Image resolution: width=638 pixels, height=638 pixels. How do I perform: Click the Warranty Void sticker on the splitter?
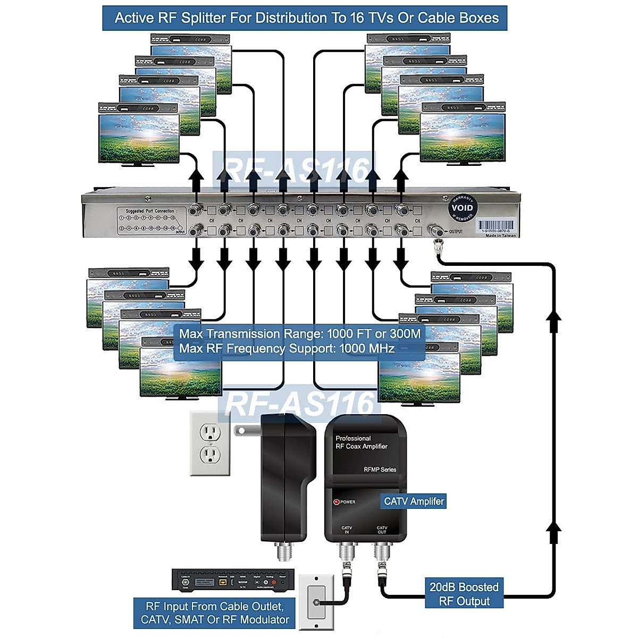[461, 208]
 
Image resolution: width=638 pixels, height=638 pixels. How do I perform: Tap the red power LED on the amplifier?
[336, 502]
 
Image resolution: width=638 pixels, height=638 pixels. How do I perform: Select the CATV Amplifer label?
[414, 501]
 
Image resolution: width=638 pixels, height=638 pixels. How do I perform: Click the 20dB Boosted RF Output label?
[464, 594]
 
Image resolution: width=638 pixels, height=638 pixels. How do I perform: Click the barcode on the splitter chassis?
[496, 225]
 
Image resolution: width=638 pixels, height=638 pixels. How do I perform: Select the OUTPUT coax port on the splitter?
[438, 231]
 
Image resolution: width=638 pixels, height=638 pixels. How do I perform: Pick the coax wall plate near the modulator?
[316, 602]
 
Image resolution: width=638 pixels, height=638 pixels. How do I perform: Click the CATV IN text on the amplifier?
[347, 530]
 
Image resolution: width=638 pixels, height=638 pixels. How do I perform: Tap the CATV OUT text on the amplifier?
[382, 530]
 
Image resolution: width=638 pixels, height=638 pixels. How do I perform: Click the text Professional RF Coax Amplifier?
[362, 442]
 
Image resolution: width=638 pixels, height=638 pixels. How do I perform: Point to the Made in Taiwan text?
[500, 236]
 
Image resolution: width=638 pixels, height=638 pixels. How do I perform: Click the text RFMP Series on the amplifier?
[380, 469]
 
